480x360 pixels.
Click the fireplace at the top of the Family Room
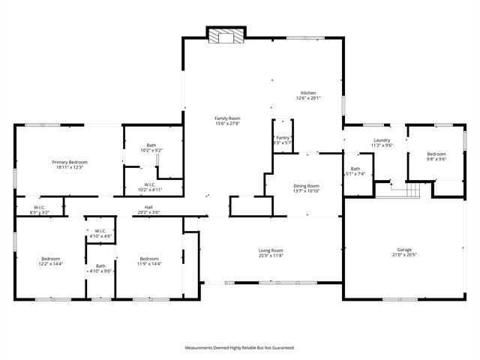tap(224, 37)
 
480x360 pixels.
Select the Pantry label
tap(283, 137)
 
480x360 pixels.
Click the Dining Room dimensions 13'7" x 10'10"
tap(306, 191)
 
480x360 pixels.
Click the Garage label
tap(404, 250)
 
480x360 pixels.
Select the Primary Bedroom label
tap(70, 162)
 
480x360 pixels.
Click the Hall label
tap(149, 207)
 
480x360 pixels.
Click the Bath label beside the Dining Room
tap(355, 169)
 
